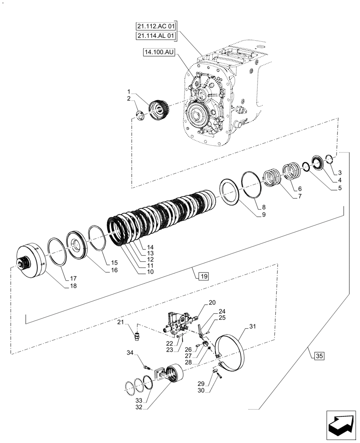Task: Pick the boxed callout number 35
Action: tap(320, 355)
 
